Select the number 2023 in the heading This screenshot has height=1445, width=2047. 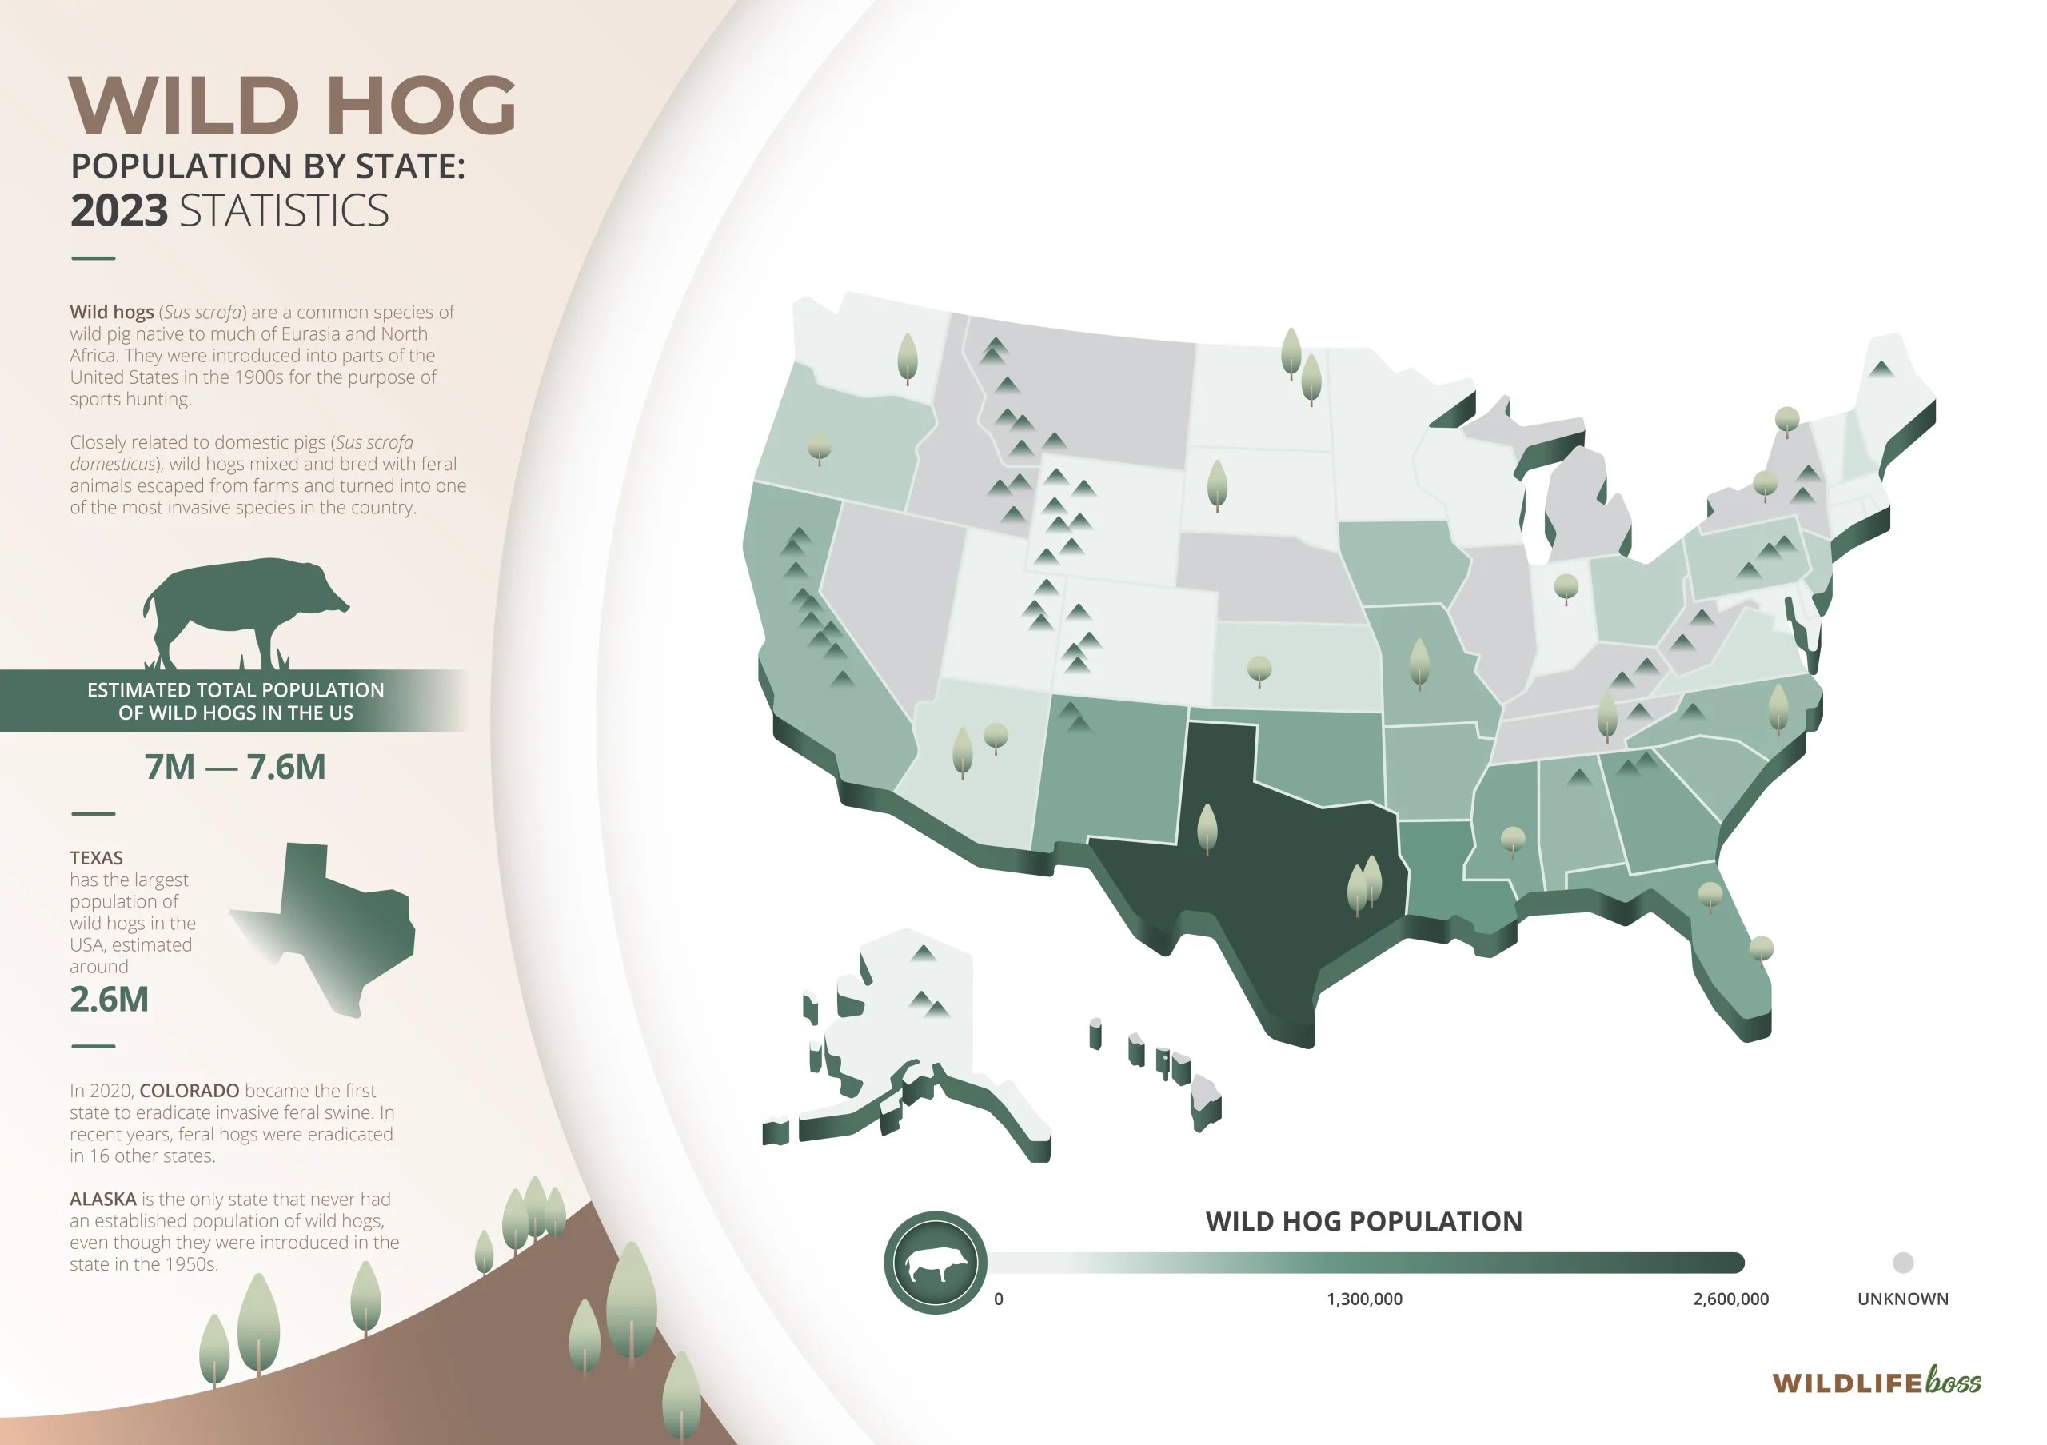coord(118,211)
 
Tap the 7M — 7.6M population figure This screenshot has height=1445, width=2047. coord(235,767)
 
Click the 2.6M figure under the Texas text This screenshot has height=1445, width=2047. coord(109,1000)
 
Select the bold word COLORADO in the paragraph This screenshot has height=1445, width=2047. coord(189,1090)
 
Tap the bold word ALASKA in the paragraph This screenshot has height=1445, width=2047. coord(102,1199)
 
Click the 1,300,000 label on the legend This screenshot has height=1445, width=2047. coord(1364,1299)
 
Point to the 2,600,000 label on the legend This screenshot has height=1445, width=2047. coord(1730,1299)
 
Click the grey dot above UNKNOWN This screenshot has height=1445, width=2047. coord(1902,1262)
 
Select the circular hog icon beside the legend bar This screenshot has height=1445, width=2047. coord(936,1262)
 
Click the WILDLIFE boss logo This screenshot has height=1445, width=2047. coord(1876,1383)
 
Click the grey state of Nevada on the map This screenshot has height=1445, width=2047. coord(892,589)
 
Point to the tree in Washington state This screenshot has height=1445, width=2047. coord(907,357)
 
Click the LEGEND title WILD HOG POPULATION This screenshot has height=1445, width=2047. coord(1363,1221)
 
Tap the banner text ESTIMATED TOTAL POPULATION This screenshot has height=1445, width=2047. coord(235,690)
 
